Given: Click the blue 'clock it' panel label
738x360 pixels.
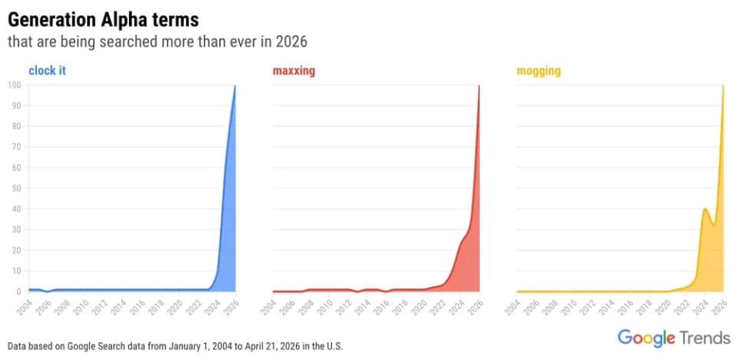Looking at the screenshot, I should [47, 71].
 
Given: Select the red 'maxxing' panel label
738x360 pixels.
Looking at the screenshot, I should [294, 71].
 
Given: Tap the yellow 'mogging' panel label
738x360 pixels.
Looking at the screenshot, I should [538, 71].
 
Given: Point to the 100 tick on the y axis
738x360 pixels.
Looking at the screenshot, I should [14, 85].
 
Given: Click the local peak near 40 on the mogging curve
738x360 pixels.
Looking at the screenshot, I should [705, 208].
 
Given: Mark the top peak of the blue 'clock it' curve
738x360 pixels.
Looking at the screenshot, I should [234, 85].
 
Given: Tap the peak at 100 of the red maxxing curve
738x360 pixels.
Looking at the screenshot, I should [479, 85].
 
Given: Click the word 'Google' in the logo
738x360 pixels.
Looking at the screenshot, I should [647, 338].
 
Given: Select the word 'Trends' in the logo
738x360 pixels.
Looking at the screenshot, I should [705, 338].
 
